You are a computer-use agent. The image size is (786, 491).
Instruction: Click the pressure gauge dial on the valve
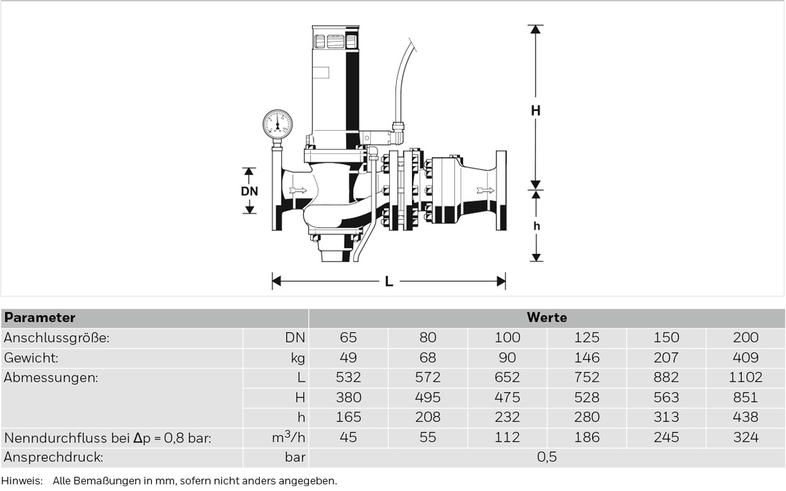[278, 125]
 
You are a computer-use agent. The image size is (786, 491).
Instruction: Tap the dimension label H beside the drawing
[536, 111]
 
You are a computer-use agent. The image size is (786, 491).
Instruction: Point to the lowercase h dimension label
[536, 226]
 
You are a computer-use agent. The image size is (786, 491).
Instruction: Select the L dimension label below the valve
[389, 282]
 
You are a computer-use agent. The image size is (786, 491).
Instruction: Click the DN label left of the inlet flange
[249, 191]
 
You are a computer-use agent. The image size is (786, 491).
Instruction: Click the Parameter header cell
[40, 318]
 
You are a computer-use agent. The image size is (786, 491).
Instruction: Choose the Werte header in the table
[547, 318]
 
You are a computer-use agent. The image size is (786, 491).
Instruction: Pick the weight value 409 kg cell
[745, 358]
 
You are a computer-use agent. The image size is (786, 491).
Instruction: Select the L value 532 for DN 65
[348, 377]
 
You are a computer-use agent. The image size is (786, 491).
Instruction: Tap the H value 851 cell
[745, 398]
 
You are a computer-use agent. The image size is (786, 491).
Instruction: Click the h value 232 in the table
[507, 417]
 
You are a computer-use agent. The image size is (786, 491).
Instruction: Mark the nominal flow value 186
[586, 438]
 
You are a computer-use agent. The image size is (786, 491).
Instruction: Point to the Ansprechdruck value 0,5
[547, 457]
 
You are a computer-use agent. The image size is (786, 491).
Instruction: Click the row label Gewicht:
[31, 358]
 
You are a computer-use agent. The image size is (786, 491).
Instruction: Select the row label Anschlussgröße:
[56, 338]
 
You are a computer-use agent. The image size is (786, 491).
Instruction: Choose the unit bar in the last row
[295, 457]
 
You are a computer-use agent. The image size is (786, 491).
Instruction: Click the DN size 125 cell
[586, 338]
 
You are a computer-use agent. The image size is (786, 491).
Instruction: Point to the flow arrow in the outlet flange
[485, 190]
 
